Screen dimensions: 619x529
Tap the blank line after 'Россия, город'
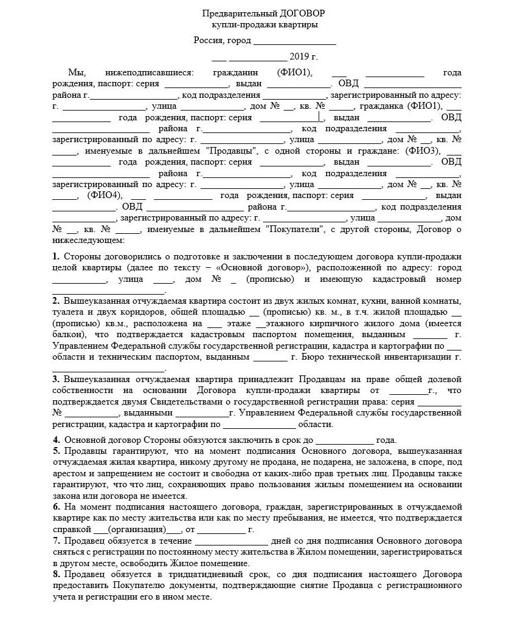[x=294, y=42]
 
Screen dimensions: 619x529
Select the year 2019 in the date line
[x=300, y=57]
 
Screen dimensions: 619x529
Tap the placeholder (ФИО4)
[x=105, y=196]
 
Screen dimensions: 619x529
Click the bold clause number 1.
[x=55, y=256]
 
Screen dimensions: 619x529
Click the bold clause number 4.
[x=55, y=440]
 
